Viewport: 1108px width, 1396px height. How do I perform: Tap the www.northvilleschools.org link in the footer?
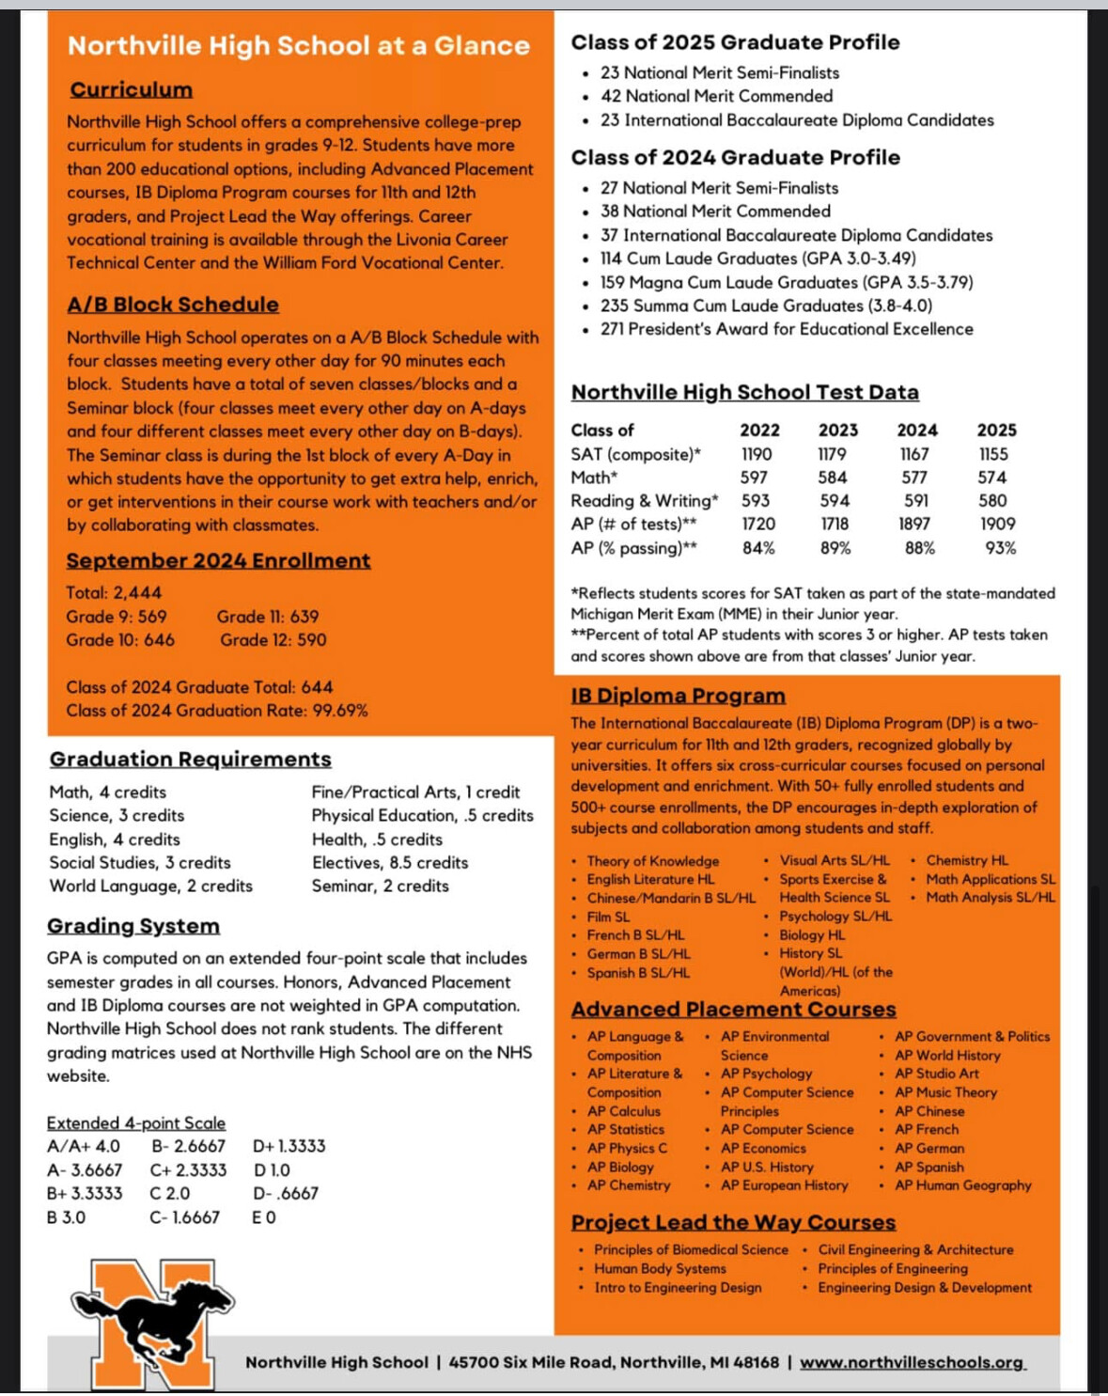(x=912, y=1362)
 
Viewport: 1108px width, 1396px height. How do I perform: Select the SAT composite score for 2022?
(x=757, y=454)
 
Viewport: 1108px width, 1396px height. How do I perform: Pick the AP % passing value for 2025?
(x=1000, y=548)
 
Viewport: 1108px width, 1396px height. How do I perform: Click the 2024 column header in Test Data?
(x=916, y=430)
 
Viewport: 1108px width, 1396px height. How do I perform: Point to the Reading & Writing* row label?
(x=644, y=501)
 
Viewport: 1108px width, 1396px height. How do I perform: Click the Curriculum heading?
(x=131, y=90)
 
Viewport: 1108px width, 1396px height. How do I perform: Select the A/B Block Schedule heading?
(x=173, y=305)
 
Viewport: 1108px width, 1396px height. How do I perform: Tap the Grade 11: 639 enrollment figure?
(x=268, y=617)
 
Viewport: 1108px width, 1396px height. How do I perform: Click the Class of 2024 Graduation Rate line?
(x=216, y=711)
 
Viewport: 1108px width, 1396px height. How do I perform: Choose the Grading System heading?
(x=133, y=926)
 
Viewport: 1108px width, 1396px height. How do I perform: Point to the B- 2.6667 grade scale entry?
(x=188, y=1146)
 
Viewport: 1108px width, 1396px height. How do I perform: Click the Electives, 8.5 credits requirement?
(x=389, y=862)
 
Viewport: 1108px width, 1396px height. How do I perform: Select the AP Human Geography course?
(x=962, y=1185)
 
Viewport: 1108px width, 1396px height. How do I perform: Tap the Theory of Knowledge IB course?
(x=652, y=861)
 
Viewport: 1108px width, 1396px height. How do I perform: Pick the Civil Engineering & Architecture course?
(x=915, y=1249)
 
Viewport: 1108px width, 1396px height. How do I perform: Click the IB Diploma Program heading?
(x=678, y=696)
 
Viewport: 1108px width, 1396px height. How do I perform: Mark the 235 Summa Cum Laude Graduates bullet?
(x=766, y=306)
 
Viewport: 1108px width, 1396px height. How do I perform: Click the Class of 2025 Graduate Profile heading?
(x=735, y=42)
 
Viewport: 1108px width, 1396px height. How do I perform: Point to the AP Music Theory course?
(x=945, y=1092)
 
